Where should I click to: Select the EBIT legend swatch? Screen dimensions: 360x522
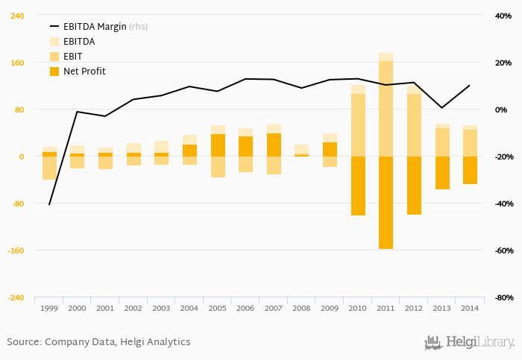(54, 57)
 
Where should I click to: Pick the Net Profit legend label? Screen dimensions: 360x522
(84, 72)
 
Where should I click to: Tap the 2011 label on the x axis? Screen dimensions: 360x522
(386, 308)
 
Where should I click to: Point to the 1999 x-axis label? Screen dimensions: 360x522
(49, 308)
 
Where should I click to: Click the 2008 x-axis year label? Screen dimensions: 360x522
(301, 308)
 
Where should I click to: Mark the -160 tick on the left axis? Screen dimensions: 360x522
(15, 250)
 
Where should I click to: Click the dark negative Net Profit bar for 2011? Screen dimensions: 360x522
(386, 203)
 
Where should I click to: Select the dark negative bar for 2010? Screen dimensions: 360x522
(358, 186)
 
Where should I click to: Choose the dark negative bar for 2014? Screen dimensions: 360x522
(470, 170)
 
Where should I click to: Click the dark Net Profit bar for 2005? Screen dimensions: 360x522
(218, 145)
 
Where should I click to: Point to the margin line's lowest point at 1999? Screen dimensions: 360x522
(49, 204)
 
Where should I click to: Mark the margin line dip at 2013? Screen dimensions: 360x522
(441, 108)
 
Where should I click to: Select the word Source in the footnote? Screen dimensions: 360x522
(23, 342)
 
